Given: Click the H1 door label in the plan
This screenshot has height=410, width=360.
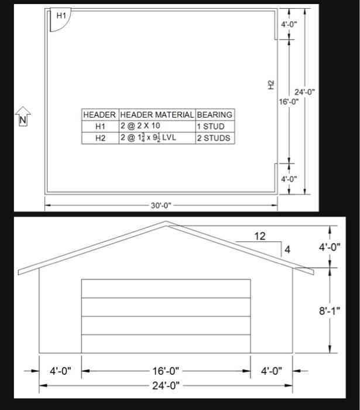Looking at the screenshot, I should [x=61, y=16].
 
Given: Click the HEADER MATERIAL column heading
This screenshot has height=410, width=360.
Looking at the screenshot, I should [x=157, y=114].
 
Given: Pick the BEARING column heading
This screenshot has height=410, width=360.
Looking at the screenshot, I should [x=214, y=114].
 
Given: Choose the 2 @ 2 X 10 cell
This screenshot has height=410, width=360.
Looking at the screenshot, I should [x=140, y=126].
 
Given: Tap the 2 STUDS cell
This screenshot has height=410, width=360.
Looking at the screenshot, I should [x=213, y=138].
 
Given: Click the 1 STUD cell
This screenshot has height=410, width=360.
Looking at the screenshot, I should [x=211, y=126].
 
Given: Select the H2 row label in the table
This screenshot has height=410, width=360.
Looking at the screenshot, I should [x=100, y=138].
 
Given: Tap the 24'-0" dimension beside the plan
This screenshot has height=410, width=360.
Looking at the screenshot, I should [x=304, y=92].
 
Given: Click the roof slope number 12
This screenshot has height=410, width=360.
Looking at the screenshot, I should [x=260, y=236].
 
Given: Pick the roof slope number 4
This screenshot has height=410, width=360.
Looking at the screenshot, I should [x=287, y=250].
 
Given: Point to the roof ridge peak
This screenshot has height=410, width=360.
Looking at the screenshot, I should [x=166, y=223].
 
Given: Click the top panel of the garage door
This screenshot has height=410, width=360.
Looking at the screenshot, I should [x=166, y=289].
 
